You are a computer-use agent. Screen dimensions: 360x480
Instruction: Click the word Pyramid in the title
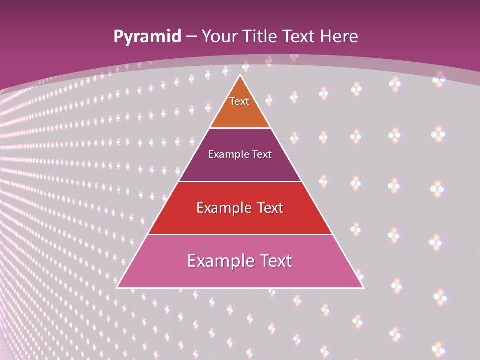pyautogui.click(x=147, y=37)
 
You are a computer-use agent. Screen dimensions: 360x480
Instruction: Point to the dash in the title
pyautogui.click(x=191, y=37)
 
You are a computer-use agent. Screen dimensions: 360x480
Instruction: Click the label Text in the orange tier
pyautogui.click(x=239, y=101)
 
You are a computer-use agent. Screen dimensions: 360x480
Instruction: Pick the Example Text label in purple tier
pyautogui.click(x=240, y=154)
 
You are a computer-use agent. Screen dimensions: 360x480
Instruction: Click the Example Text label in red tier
pyautogui.click(x=240, y=208)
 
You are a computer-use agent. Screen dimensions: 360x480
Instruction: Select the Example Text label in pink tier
pyautogui.click(x=240, y=261)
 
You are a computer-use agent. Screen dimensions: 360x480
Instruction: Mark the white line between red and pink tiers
pyautogui.click(x=240, y=234)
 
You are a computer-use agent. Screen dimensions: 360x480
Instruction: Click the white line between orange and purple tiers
pyautogui.click(x=240, y=128)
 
